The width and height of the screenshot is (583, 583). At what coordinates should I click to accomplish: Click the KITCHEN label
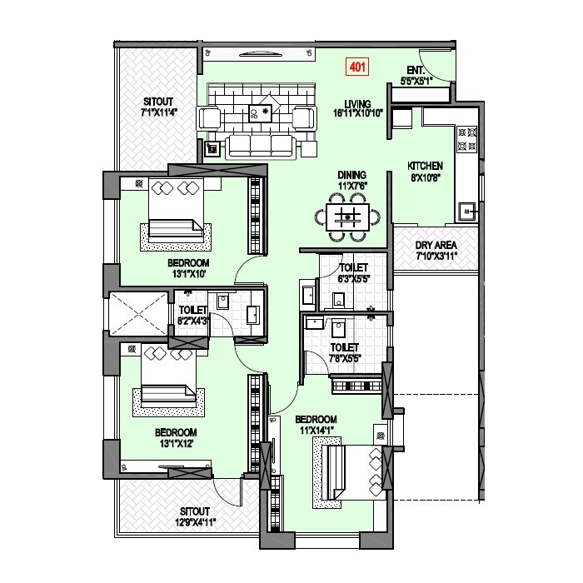[x=424, y=166]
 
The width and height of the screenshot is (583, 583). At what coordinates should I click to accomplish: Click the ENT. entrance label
[x=416, y=70]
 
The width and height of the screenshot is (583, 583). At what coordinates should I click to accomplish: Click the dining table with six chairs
[x=349, y=219]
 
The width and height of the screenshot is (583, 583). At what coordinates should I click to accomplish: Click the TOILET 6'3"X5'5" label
[x=354, y=272]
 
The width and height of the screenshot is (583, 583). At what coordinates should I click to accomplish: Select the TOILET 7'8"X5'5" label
[x=343, y=352]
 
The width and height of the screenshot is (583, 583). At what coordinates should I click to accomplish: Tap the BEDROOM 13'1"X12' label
[x=175, y=438]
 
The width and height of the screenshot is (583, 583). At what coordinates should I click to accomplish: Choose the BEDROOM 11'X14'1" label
[x=315, y=424]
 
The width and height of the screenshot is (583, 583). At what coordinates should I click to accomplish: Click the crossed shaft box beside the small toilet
[x=138, y=313]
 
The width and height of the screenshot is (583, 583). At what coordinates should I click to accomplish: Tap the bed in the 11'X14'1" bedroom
[x=350, y=472]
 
